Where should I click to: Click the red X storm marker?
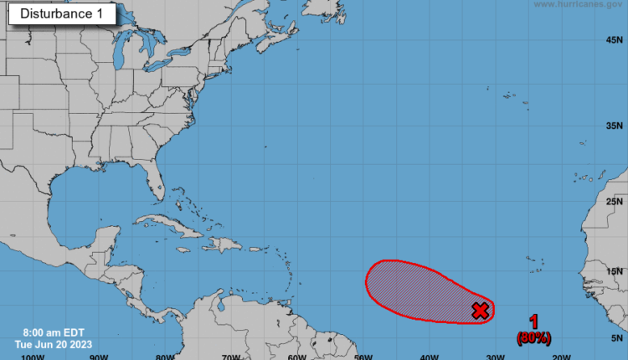[481, 311]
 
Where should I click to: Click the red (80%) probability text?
[534, 338]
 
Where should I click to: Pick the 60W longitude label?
[296, 356]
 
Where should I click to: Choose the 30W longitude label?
[495, 356]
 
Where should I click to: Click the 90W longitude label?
[98, 356]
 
